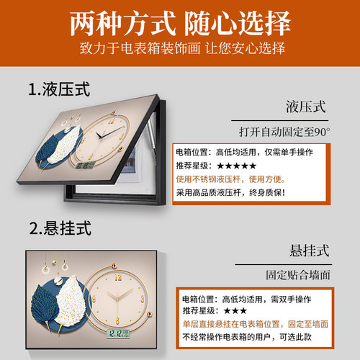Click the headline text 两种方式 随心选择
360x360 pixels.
pyautogui.click(x=180, y=22)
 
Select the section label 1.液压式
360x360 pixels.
pyautogui.click(x=60, y=91)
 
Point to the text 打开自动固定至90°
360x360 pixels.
pyautogui.click(x=284, y=132)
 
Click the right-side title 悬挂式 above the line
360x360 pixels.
pyautogui.click(x=305, y=251)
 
